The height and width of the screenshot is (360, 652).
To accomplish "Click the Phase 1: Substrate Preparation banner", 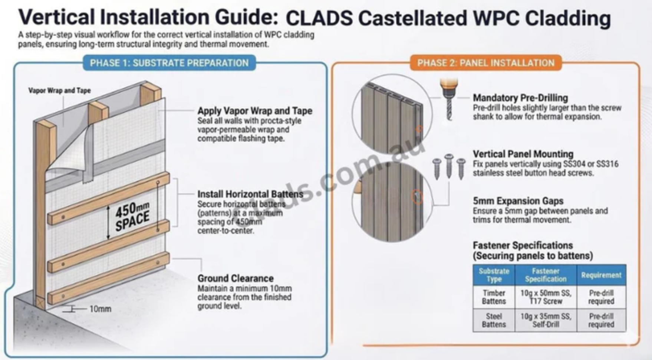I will point(169,63).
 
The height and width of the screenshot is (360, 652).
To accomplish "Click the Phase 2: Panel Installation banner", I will point(485,63).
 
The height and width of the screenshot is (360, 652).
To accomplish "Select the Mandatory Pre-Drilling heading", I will point(520,98).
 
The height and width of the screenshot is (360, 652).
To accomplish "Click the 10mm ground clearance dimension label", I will point(100,309).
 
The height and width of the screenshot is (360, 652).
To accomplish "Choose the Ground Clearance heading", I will point(236,278).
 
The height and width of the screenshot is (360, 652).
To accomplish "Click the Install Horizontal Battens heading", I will point(250,194).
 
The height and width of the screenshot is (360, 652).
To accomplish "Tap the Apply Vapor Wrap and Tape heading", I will point(255,111).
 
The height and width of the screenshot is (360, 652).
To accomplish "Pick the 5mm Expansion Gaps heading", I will point(518,201).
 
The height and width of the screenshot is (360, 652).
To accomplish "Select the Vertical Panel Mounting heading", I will point(523,154).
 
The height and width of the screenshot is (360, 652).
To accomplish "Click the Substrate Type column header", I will point(494,275).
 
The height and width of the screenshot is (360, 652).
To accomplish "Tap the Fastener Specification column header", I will point(546,275).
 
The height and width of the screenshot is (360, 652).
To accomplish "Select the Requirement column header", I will point(601,275).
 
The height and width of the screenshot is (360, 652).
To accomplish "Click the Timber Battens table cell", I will point(494,297).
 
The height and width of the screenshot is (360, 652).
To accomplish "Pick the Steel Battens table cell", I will point(494,320).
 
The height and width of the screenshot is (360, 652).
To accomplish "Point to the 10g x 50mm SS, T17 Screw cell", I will point(546,297).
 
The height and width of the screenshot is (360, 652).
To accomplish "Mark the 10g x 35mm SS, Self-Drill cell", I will point(546,320).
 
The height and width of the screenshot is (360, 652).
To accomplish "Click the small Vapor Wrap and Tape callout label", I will point(59,91).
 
